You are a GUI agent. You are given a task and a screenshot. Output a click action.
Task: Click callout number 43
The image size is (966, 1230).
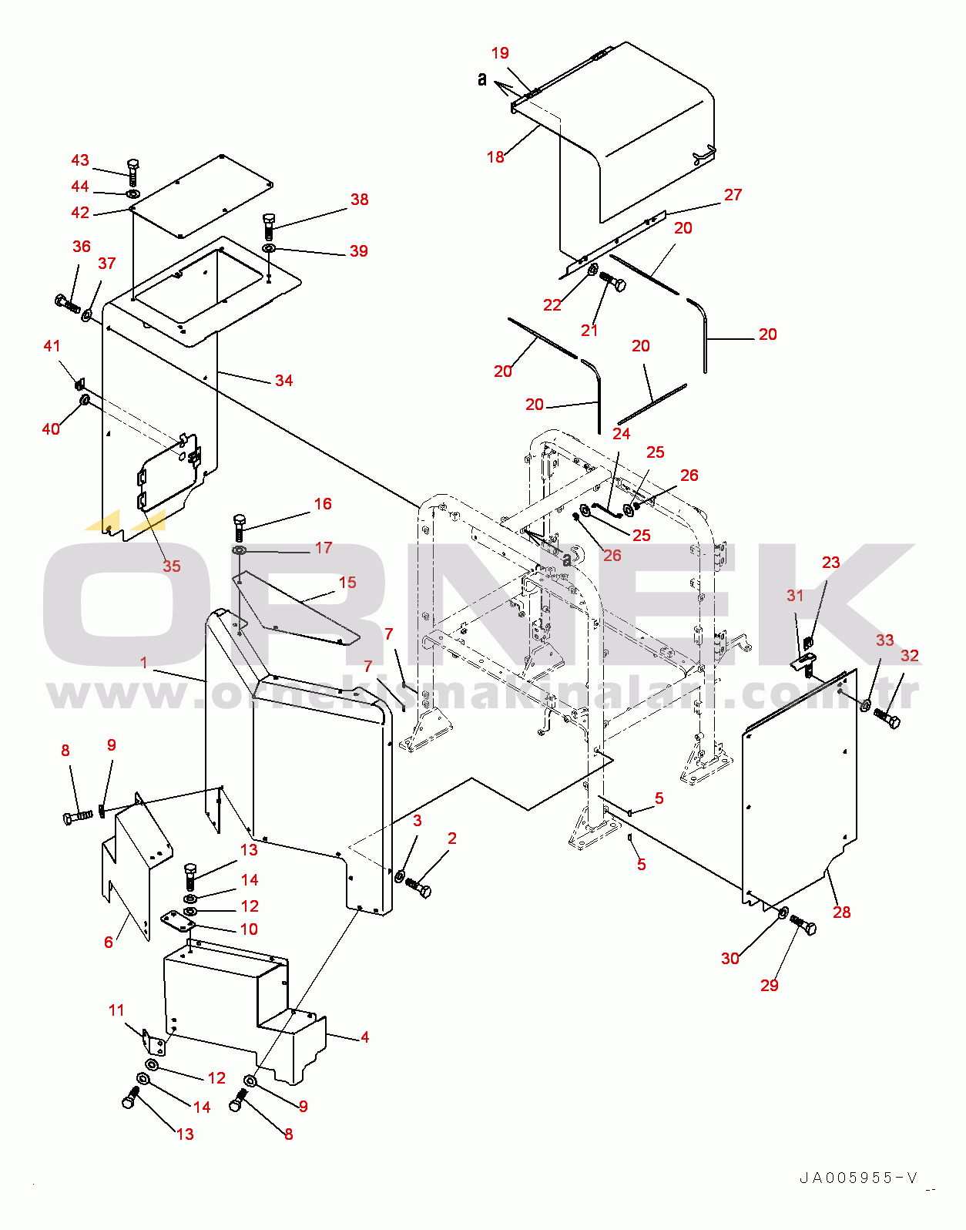tap(80, 160)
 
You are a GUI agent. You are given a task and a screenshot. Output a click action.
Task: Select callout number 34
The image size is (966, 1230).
tap(284, 381)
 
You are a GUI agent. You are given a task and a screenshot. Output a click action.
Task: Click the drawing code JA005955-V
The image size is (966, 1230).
tap(858, 1178)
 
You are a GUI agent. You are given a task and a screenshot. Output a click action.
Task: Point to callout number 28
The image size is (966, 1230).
tap(842, 912)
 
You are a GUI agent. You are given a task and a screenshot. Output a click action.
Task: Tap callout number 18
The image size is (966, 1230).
tap(495, 157)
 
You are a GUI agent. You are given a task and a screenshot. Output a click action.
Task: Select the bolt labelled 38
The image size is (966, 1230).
tap(268, 225)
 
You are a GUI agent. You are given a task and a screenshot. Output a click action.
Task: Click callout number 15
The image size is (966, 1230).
tap(347, 583)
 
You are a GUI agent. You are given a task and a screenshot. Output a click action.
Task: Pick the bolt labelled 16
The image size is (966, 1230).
tap(239, 527)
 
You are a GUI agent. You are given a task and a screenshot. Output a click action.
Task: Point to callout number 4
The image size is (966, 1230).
tap(364, 1037)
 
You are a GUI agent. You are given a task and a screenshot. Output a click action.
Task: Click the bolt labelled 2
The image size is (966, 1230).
tap(420, 888)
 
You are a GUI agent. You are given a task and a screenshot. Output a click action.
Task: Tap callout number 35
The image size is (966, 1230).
tap(171, 566)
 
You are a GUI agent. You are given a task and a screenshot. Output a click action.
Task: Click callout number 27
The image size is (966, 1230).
tap(733, 195)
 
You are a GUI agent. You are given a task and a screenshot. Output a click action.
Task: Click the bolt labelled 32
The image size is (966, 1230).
tap(887, 720)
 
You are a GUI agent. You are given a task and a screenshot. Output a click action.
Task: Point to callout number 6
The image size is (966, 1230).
tap(109, 942)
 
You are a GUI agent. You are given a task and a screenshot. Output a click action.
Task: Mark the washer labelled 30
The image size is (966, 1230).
tap(782, 913)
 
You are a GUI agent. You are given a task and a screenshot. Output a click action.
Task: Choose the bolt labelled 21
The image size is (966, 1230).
tap(613, 282)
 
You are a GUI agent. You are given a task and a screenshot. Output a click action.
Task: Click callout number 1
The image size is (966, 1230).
tap(144, 663)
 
